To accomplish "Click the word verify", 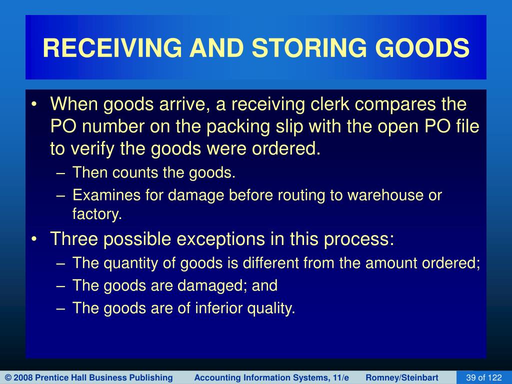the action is pos(92,148).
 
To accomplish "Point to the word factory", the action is pos(97,214).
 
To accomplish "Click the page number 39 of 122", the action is pos(483,377).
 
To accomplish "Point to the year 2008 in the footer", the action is pos(23,377).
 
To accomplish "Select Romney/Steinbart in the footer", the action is pos(401,377).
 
